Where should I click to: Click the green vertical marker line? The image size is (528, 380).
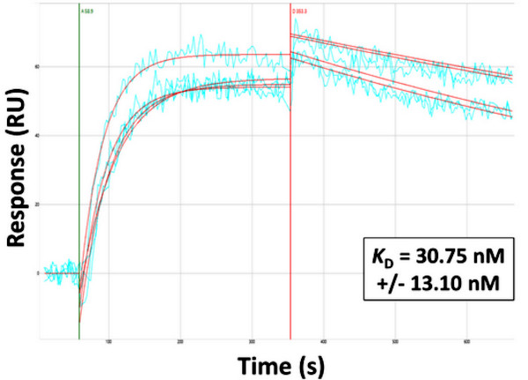coord(79,176)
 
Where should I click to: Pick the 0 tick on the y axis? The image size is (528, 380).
coord(38,273)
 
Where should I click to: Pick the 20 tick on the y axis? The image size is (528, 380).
coord(37,205)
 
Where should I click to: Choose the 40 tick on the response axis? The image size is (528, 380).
coord(37,135)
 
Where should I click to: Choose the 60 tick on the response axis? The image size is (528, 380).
coord(37,66)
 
